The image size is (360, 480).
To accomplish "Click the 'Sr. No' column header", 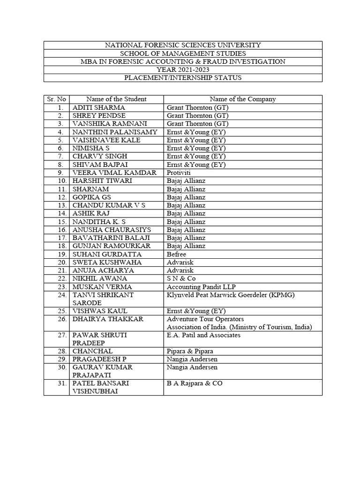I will click(56, 99).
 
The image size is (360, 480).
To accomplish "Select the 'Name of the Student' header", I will click(116, 99).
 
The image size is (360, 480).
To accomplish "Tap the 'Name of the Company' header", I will click(242, 99).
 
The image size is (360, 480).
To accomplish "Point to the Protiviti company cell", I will click(179, 172).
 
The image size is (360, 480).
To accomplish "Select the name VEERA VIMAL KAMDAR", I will click(114, 172).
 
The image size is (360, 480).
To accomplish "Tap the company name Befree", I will click(176, 254).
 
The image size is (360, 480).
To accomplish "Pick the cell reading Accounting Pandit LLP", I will click(198, 286).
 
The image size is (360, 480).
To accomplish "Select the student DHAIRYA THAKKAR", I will click(108, 319).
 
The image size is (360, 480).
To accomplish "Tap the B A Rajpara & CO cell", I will click(195, 383).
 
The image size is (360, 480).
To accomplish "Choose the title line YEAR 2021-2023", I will click(183, 69).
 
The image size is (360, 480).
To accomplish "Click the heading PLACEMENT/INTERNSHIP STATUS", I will click(183, 77).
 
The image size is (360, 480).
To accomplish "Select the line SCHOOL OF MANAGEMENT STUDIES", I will click(183, 53).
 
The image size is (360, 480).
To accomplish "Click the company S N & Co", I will click(180, 278).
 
